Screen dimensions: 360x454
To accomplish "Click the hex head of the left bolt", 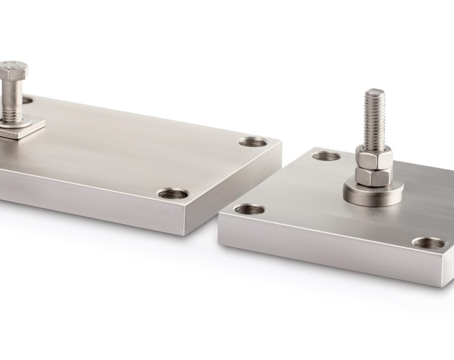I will (x=12, y=71).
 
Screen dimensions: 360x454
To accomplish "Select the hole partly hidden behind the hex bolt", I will (x=28, y=101).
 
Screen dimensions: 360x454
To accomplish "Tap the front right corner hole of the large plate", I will (x=173, y=194).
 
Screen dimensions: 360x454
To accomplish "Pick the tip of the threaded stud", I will (x=375, y=91).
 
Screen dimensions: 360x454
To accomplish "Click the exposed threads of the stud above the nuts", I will (x=375, y=119).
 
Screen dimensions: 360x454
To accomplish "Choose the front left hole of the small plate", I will (x=249, y=209).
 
